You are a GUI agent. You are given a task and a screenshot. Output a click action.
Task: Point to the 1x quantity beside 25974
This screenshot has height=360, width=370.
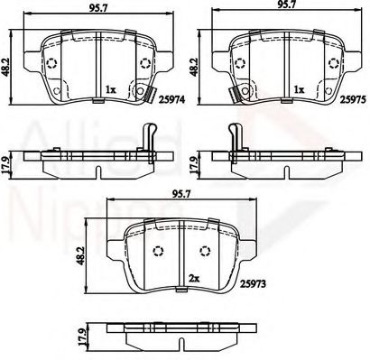click(110, 90)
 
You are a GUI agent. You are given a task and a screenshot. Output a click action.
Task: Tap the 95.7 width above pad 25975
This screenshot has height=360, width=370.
click(287, 6)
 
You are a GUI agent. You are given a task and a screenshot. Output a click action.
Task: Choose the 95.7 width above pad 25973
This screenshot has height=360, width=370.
click(181, 193)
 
